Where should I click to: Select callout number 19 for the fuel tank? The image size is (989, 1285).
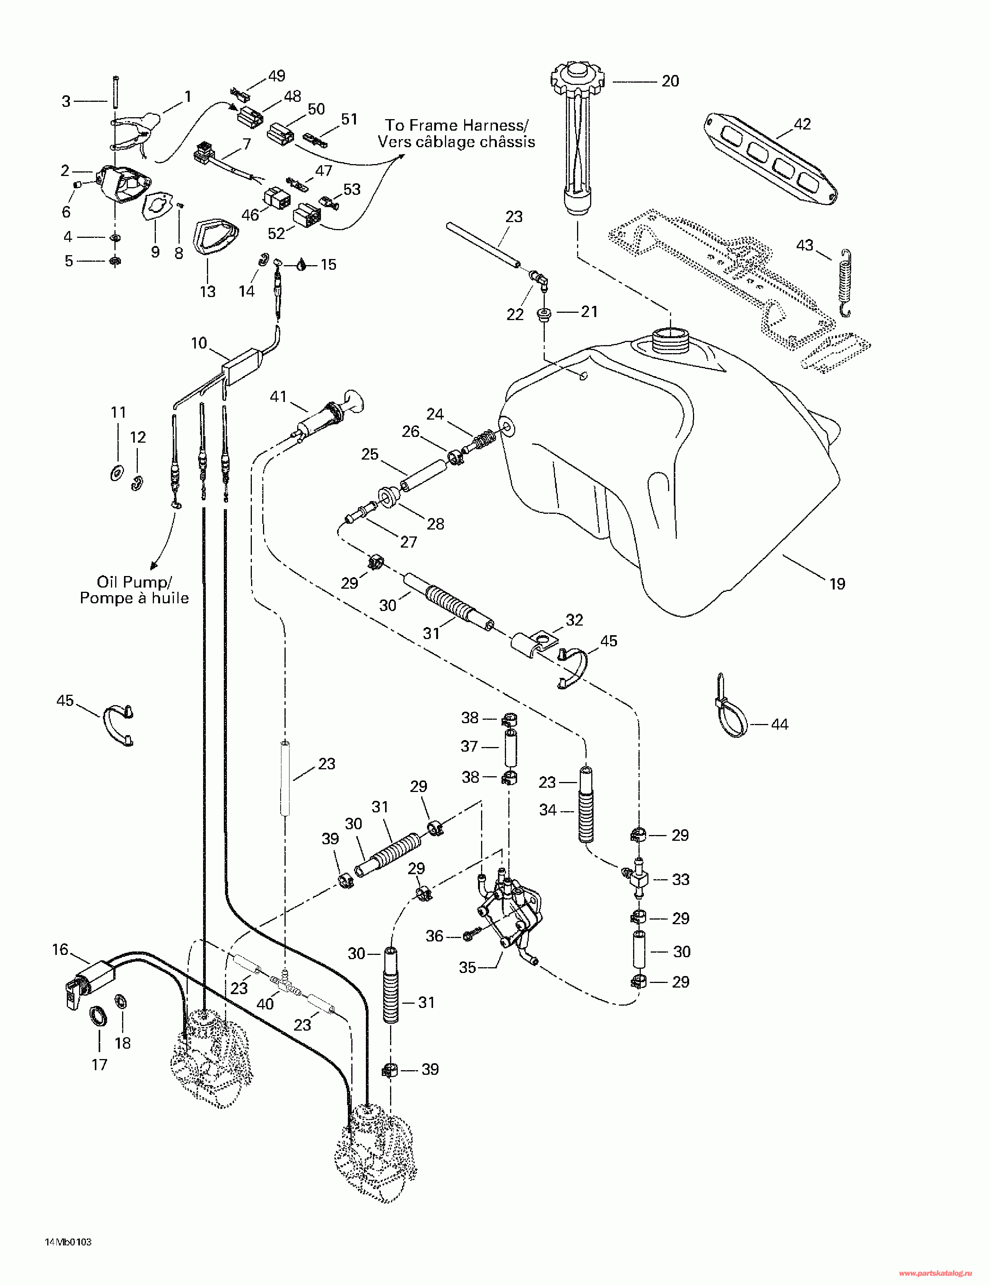(837, 584)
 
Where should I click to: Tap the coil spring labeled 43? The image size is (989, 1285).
(845, 282)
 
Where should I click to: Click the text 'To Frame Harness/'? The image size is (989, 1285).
(456, 125)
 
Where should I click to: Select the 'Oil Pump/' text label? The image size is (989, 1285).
(134, 582)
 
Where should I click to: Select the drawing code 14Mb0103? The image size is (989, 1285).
(68, 1242)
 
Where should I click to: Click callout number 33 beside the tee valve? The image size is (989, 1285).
(680, 880)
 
